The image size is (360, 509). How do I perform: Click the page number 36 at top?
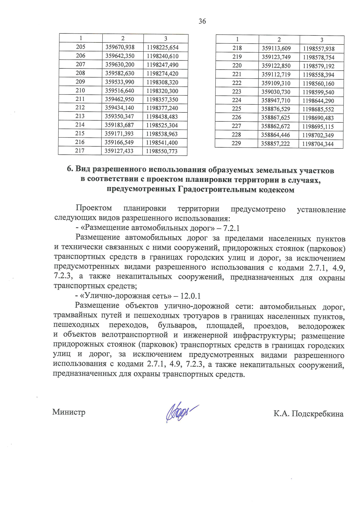[x=202, y=21]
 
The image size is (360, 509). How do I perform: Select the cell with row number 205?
[x=80, y=47]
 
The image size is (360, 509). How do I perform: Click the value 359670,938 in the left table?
[x=120, y=47]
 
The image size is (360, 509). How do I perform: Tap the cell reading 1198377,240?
[x=162, y=108]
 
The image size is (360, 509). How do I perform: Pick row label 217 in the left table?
[x=79, y=151]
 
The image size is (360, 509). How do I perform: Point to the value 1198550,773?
[x=162, y=151]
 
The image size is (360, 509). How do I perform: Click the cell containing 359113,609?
[x=276, y=48]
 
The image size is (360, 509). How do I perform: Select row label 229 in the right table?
[x=236, y=143]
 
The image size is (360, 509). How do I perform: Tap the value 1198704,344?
[x=318, y=144]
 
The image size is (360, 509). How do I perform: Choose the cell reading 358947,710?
[x=275, y=100]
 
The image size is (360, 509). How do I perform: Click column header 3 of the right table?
[x=322, y=40]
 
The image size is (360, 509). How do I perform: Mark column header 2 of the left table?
[x=123, y=38]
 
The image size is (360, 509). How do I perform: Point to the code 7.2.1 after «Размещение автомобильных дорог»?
[x=231, y=228]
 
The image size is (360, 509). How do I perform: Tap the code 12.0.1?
[x=190, y=296]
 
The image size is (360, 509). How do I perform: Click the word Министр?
[x=69, y=412]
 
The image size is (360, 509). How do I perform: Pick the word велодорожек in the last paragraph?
[x=321, y=326]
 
